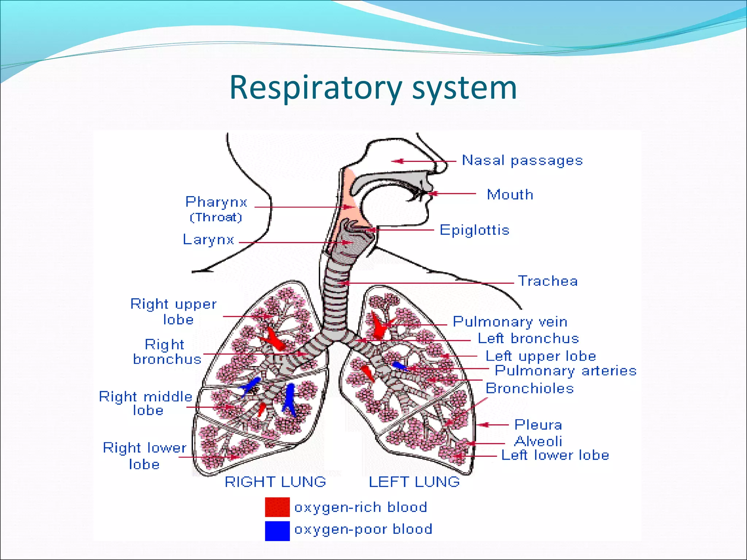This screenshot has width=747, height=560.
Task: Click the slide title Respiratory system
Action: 373,87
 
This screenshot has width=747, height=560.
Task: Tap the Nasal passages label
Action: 522,160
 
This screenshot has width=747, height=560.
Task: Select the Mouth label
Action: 510,195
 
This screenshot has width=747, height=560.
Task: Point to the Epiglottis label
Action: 474,230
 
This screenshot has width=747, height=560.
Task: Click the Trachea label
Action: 548,281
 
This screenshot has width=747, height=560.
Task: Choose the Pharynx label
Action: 216,202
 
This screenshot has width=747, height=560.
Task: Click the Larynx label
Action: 208,240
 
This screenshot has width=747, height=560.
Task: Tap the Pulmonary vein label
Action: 510,322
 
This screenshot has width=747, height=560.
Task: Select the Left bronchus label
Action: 528,339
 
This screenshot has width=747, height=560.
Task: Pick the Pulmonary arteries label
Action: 565,371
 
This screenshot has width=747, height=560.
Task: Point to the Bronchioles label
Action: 530,389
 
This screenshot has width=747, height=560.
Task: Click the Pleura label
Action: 538,425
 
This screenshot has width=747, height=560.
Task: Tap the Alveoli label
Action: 538,442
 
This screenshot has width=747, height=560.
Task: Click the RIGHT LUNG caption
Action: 275,482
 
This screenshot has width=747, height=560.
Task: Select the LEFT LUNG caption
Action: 414,482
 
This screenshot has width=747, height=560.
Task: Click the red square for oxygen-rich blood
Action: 277,507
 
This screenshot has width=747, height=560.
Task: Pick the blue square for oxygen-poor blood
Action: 277,530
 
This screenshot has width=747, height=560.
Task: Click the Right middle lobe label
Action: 146,403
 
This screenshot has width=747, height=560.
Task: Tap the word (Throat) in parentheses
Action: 216,217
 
